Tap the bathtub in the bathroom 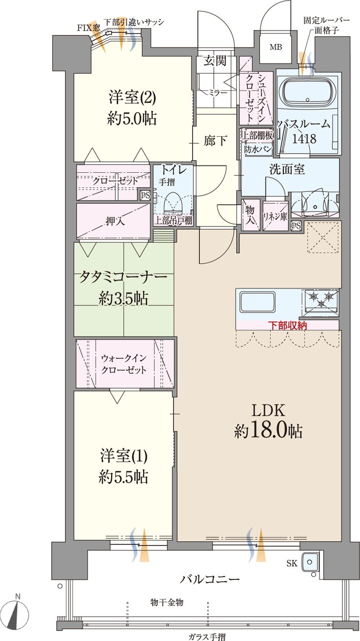tap(307, 96)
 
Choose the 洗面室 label tap(287, 169)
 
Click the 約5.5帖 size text tap(123, 477)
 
